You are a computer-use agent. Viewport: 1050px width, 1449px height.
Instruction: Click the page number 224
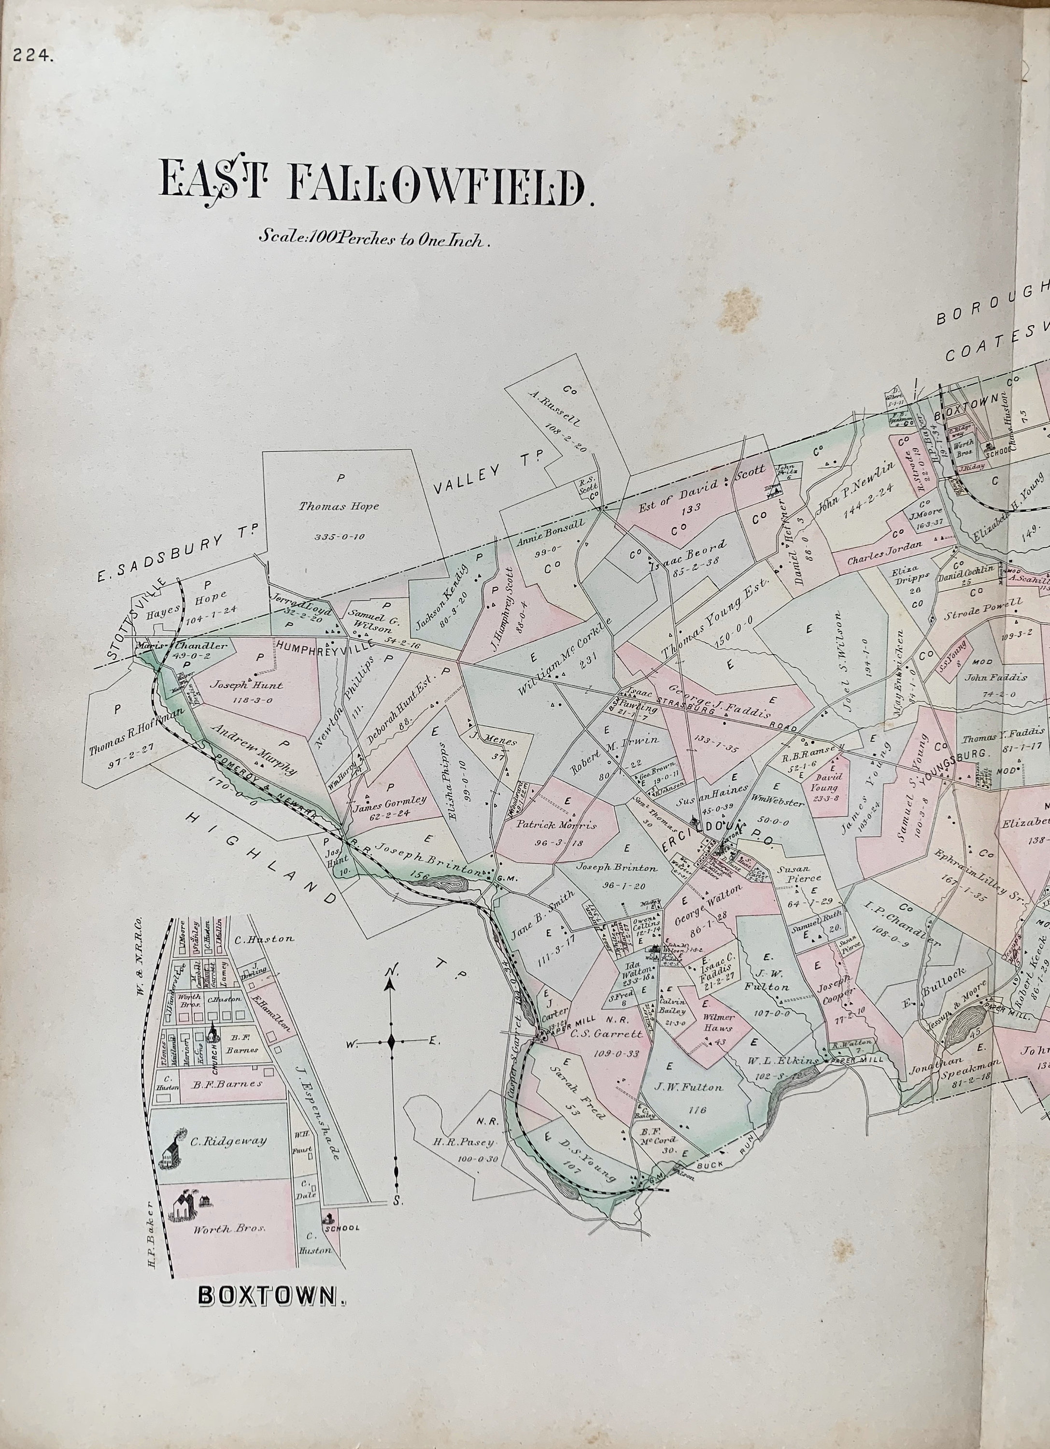[x=32, y=56]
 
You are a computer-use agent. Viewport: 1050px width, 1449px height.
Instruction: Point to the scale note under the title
[x=374, y=238]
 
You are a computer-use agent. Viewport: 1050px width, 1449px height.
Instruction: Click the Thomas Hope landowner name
[x=339, y=507]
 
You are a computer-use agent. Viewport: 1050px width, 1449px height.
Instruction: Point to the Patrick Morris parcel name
[x=555, y=825]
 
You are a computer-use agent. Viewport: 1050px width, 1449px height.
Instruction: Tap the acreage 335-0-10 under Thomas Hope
[x=339, y=536]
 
